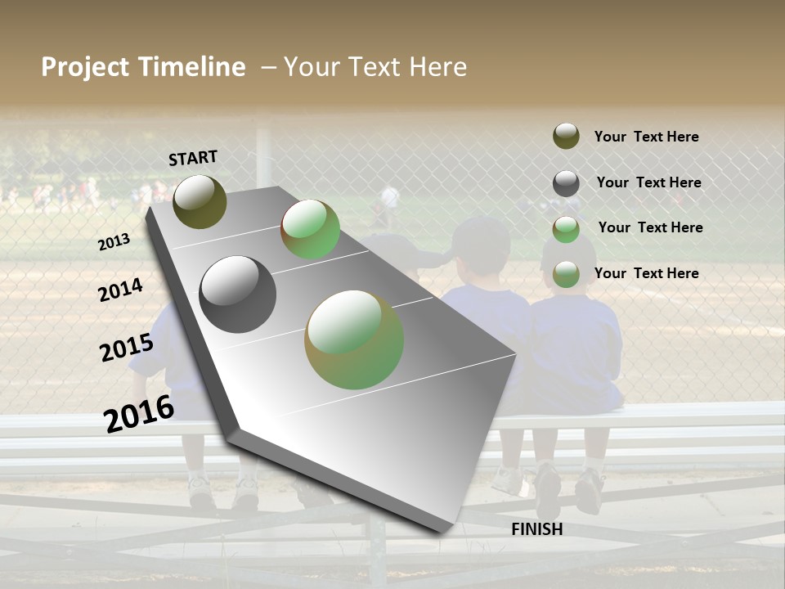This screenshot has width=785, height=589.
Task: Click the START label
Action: (x=193, y=158)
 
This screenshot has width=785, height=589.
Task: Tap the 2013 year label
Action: (x=114, y=241)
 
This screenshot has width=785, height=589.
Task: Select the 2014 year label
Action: (x=120, y=290)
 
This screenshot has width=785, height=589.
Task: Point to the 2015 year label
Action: (x=126, y=347)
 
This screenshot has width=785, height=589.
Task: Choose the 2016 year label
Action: (x=138, y=413)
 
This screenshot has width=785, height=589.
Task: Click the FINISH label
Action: (x=536, y=529)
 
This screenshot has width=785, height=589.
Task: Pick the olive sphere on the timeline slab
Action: (x=200, y=201)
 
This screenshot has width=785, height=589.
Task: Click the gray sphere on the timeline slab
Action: (x=237, y=294)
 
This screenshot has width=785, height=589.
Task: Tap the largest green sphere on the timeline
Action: (x=354, y=339)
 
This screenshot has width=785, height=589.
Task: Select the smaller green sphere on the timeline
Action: (x=311, y=229)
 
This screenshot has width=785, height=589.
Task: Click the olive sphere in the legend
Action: (x=566, y=136)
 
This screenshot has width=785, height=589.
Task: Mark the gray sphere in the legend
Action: (x=566, y=183)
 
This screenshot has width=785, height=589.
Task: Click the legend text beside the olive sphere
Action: (x=646, y=137)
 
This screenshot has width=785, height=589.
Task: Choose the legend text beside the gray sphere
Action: (x=648, y=182)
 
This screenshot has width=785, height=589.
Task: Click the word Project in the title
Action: (x=85, y=67)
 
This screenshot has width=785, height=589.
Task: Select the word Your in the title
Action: (x=311, y=67)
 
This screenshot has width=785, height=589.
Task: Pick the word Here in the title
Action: (x=437, y=67)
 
